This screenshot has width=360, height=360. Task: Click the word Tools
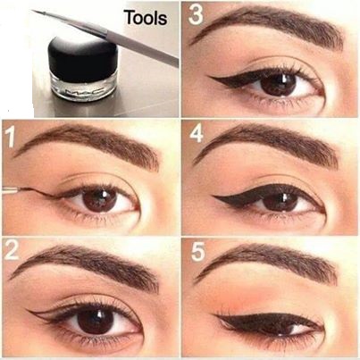[x=146, y=18]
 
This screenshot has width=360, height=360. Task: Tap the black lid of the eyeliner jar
[x=83, y=55]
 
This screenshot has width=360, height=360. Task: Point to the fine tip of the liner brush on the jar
[x=33, y=11]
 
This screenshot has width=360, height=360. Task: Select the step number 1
[x=10, y=137]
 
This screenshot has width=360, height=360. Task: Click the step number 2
[x=12, y=250]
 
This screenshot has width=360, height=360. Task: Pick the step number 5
[x=197, y=252]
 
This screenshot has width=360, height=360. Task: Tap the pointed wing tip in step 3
[x=208, y=77]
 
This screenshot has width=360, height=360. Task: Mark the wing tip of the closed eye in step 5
[x=215, y=315]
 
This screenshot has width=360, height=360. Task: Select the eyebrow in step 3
[x=266, y=26]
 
